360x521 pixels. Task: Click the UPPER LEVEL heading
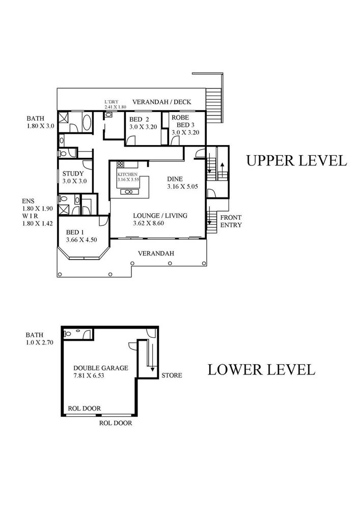pyautogui.click(x=296, y=160)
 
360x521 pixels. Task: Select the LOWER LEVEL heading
pyautogui.click(x=261, y=369)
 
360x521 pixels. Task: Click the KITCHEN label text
pyautogui.click(x=127, y=175)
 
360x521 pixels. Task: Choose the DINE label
pyautogui.click(x=175, y=179)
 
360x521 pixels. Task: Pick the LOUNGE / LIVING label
pyautogui.click(x=160, y=215)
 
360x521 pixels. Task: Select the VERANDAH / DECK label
pyautogui.click(x=161, y=102)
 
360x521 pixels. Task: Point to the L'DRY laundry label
pyautogui.click(x=111, y=102)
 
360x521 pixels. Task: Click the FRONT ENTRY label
pyautogui.click(x=231, y=221)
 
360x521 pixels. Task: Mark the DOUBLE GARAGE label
pyautogui.click(x=100, y=368)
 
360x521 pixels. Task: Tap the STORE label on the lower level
pyautogui.click(x=172, y=376)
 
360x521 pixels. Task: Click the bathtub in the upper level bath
pyautogui.click(x=86, y=123)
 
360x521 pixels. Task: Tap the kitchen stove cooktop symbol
pyautogui.click(x=121, y=164)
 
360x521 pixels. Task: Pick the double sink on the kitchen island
pyautogui.click(x=127, y=191)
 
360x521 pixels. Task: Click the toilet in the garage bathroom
pyautogui.click(x=69, y=334)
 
